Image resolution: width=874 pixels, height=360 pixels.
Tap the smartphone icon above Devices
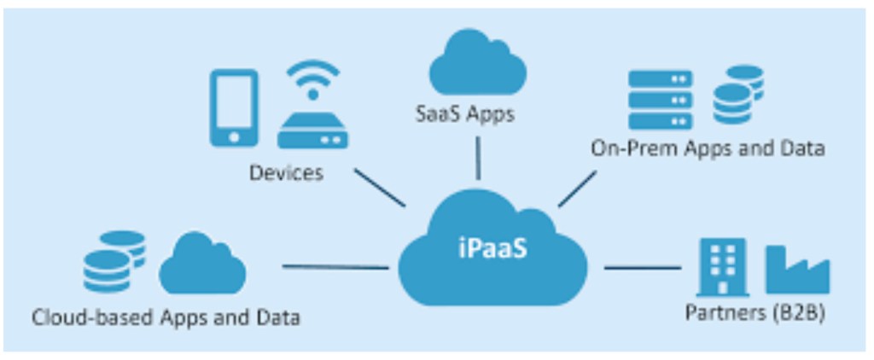233,107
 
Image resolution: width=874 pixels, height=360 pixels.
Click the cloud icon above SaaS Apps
476,64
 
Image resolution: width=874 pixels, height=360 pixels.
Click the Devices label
287,173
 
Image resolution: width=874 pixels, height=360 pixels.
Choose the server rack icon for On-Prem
660,99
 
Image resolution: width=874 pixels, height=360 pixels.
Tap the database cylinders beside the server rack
738,94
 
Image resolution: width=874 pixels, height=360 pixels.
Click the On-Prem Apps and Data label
708,148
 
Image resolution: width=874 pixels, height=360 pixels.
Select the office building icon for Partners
721,266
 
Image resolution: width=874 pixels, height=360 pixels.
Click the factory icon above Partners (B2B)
797,270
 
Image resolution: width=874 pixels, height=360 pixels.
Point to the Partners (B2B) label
755,312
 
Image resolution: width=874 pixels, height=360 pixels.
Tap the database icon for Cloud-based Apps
114,261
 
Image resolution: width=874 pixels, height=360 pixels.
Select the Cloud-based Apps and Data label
166,318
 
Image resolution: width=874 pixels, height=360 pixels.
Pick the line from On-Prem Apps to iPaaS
578,189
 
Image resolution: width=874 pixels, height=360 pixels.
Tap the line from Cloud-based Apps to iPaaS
335,267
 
